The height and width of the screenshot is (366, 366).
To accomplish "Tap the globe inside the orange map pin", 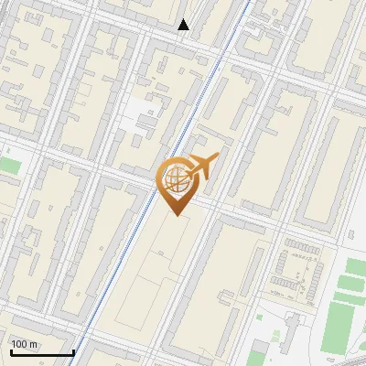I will tap(176, 181).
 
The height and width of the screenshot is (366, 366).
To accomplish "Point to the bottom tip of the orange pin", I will tap(177, 215).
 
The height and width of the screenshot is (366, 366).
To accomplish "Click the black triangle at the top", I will tap(184, 25).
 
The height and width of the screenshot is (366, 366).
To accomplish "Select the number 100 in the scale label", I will tap(20, 344).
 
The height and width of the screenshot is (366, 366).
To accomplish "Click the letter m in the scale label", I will tap(35, 344).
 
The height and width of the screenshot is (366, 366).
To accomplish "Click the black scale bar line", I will tap(41, 352).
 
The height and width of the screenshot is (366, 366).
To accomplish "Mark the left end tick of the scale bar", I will tap(10, 350).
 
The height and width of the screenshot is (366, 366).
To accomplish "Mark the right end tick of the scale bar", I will tap(73, 350).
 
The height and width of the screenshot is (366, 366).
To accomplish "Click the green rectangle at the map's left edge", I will tap(9, 166).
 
